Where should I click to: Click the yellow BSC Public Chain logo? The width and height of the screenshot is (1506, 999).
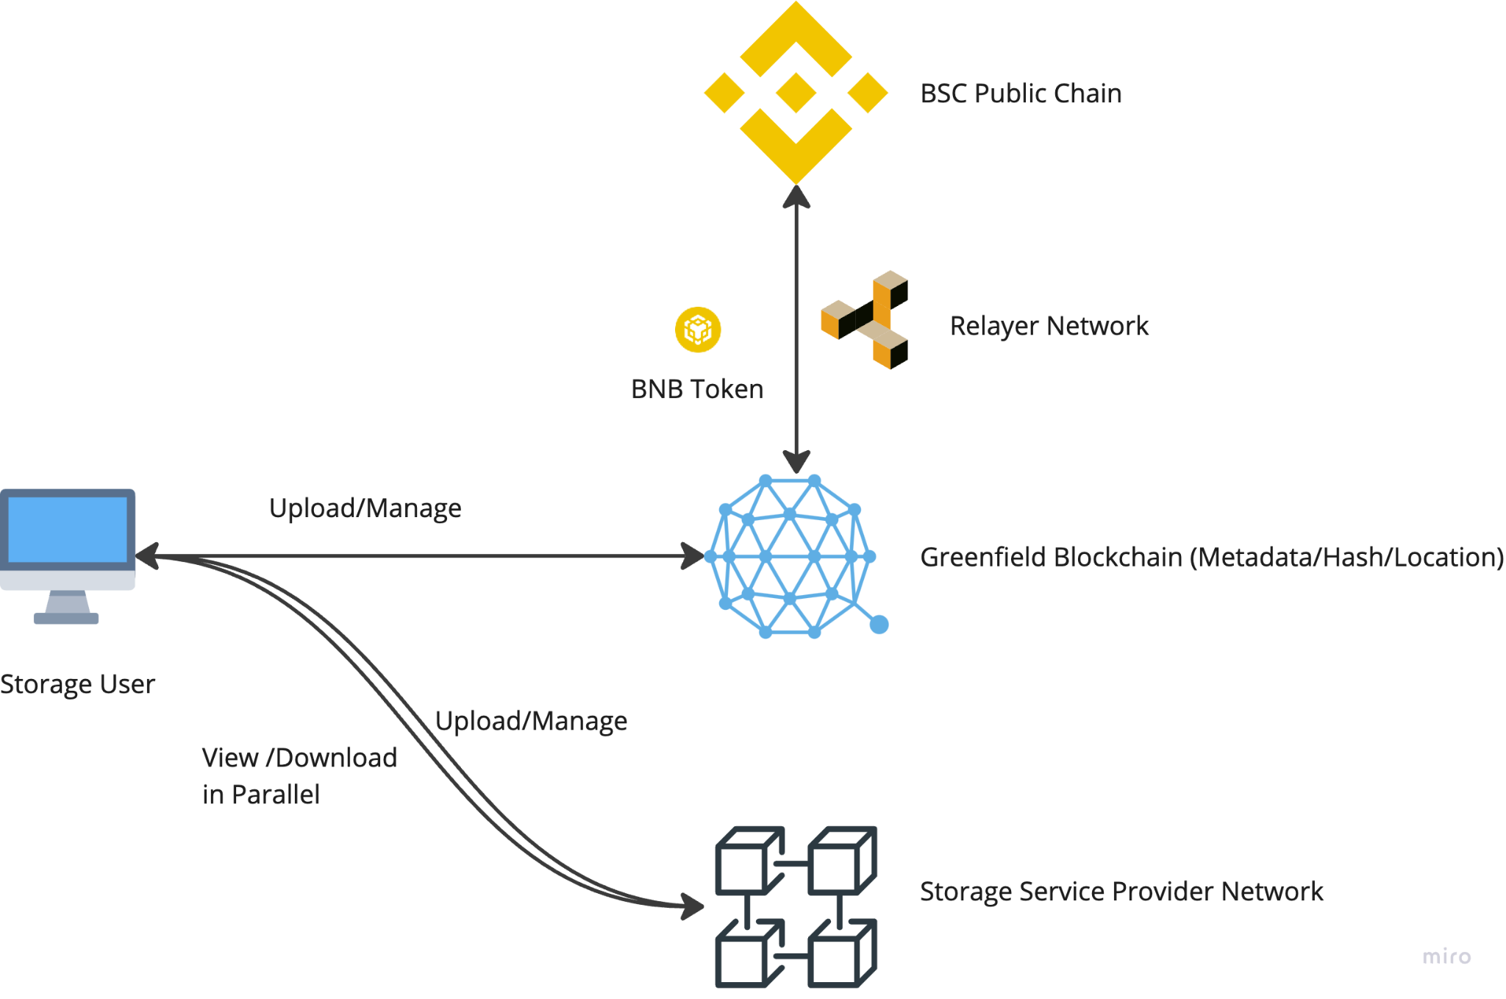coord(796,93)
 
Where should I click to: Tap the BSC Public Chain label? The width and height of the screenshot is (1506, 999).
coord(1021,93)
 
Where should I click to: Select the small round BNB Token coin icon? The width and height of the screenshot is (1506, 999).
coord(698,330)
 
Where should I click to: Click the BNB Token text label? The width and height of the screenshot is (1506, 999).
coord(697,389)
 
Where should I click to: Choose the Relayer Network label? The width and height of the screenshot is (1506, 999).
coord(1049,326)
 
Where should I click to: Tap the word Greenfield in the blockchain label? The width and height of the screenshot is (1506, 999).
coord(977,558)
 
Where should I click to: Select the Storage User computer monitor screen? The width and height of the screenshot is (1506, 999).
coord(68,529)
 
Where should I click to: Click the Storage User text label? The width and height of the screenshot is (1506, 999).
coord(77,685)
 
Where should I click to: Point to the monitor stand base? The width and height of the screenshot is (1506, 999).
coord(66,619)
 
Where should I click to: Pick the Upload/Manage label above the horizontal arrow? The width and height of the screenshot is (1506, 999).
coord(365,508)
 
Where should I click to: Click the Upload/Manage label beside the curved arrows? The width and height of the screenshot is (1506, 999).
coord(531,721)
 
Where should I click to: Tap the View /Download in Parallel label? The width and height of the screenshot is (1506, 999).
coord(299,775)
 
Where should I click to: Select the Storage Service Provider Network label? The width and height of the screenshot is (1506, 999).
coord(1121,892)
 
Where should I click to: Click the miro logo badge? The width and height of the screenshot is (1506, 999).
coord(1446,956)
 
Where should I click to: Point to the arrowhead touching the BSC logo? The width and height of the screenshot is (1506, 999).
coord(796,196)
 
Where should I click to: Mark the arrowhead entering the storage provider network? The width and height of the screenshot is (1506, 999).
coord(692,906)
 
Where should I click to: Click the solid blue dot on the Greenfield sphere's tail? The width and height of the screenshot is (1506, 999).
coord(879,625)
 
